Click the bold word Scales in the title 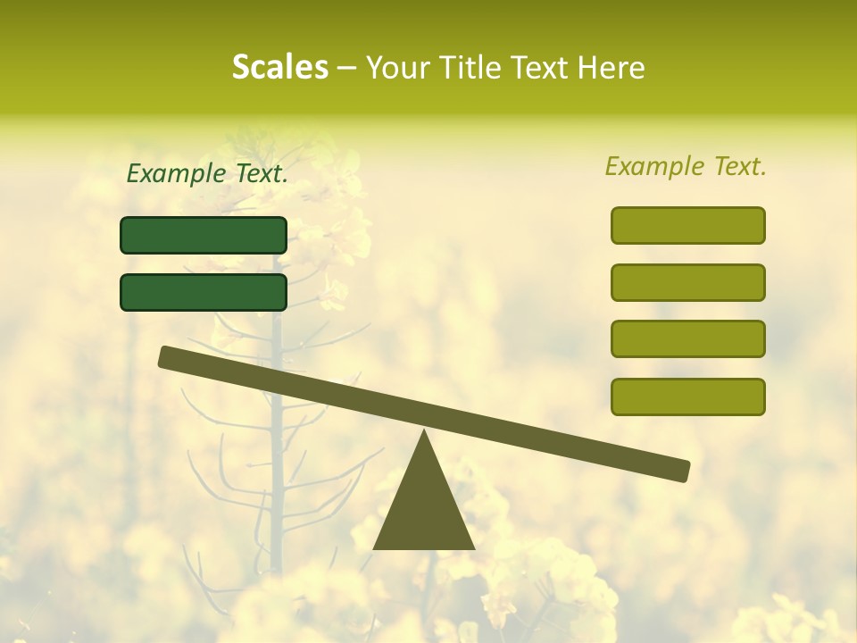click(x=279, y=67)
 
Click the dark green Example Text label click(x=207, y=174)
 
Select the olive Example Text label click(x=686, y=166)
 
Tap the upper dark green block click(x=204, y=235)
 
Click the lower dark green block click(x=204, y=292)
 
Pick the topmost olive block click(x=688, y=225)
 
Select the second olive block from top click(x=688, y=282)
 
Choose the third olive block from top click(x=688, y=339)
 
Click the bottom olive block click(x=688, y=397)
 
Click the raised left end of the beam click(x=167, y=356)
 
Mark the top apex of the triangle click(x=424, y=433)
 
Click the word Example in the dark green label click(x=176, y=174)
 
